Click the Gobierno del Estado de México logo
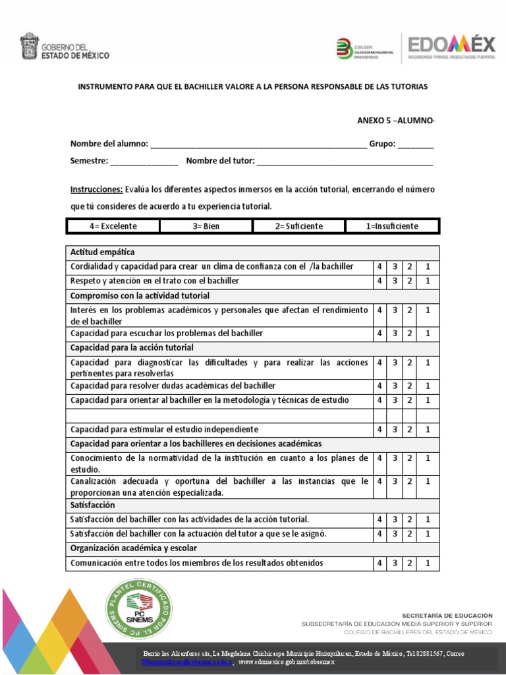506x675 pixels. (65, 48)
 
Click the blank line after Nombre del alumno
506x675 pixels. (258, 145)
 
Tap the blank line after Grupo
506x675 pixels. (415, 145)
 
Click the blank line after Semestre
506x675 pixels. (144, 161)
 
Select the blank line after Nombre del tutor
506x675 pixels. (345, 161)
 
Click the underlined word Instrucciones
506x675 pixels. (96, 190)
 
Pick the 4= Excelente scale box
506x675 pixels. (113, 226)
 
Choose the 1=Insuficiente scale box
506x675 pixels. (392, 226)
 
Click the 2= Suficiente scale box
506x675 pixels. (299, 226)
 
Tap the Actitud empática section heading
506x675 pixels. (103, 252)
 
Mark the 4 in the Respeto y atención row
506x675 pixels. (379, 281)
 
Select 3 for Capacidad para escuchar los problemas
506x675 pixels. (395, 334)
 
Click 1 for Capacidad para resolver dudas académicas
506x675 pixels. (428, 386)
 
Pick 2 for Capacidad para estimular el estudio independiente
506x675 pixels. (409, 429)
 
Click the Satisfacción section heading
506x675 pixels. (93, 505)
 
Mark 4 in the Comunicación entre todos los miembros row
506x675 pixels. (379, 563)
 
